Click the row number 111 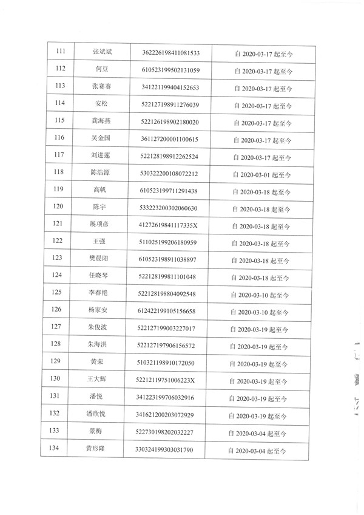point(61,52)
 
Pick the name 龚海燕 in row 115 point(100,121)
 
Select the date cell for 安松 point(263,104)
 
